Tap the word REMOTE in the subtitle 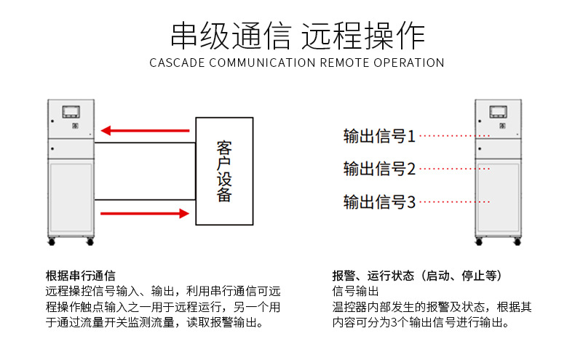coord(346,63)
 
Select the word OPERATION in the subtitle coord(409,63)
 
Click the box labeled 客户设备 coord(224,171)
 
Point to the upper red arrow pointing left coord(145,131)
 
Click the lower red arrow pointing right coord(145,213)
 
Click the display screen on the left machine coord(71,111)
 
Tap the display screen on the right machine coord(498,111)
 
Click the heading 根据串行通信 coord(80,276)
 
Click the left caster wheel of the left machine coord(51,239)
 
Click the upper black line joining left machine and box coord(144,143)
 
